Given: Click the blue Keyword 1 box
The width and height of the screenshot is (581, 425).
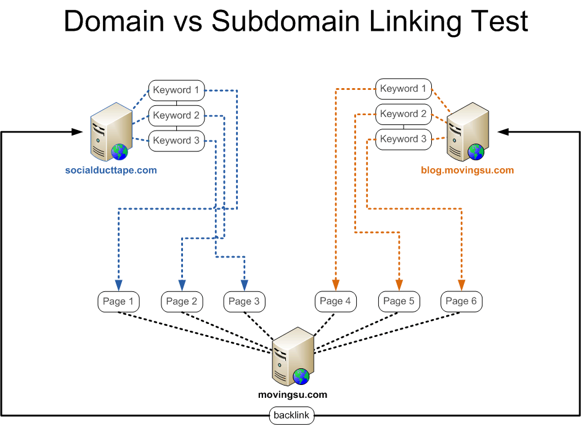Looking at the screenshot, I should tap(176, 91).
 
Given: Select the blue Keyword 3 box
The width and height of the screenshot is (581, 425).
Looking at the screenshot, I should tap(176, 140).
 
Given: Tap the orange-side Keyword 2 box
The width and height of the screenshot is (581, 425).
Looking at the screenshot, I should tap(404, 114).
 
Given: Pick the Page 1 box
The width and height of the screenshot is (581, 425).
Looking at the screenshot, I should tap(118, 301).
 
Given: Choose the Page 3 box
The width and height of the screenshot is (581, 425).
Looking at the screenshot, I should tap(244, 301).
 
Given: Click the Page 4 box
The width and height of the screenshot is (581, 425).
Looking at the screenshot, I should tap(336, 301).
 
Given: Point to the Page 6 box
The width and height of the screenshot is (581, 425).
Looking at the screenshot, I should tap(461, 301).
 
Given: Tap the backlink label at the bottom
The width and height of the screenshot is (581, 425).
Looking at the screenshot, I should tap(291, 416).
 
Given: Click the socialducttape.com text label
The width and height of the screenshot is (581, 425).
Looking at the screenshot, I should tap(111, 170).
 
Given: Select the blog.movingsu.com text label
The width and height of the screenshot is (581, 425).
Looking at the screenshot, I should tap(467, 170).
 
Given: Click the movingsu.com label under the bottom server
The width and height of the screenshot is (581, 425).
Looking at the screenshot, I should tap(292, 395).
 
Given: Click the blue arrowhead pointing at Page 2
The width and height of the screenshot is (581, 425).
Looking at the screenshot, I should tap(182, 285).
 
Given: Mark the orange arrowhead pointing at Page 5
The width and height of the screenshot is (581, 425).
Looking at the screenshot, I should tap(399, 285).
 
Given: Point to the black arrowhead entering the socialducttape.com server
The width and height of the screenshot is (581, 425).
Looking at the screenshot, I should tap(77, 132).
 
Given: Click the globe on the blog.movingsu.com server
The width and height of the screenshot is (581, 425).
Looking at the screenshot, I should tap(475, 152).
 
